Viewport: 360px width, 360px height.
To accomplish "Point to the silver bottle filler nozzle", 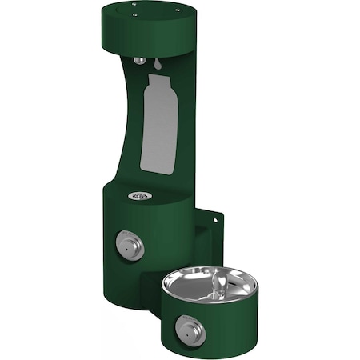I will (140, 60).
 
